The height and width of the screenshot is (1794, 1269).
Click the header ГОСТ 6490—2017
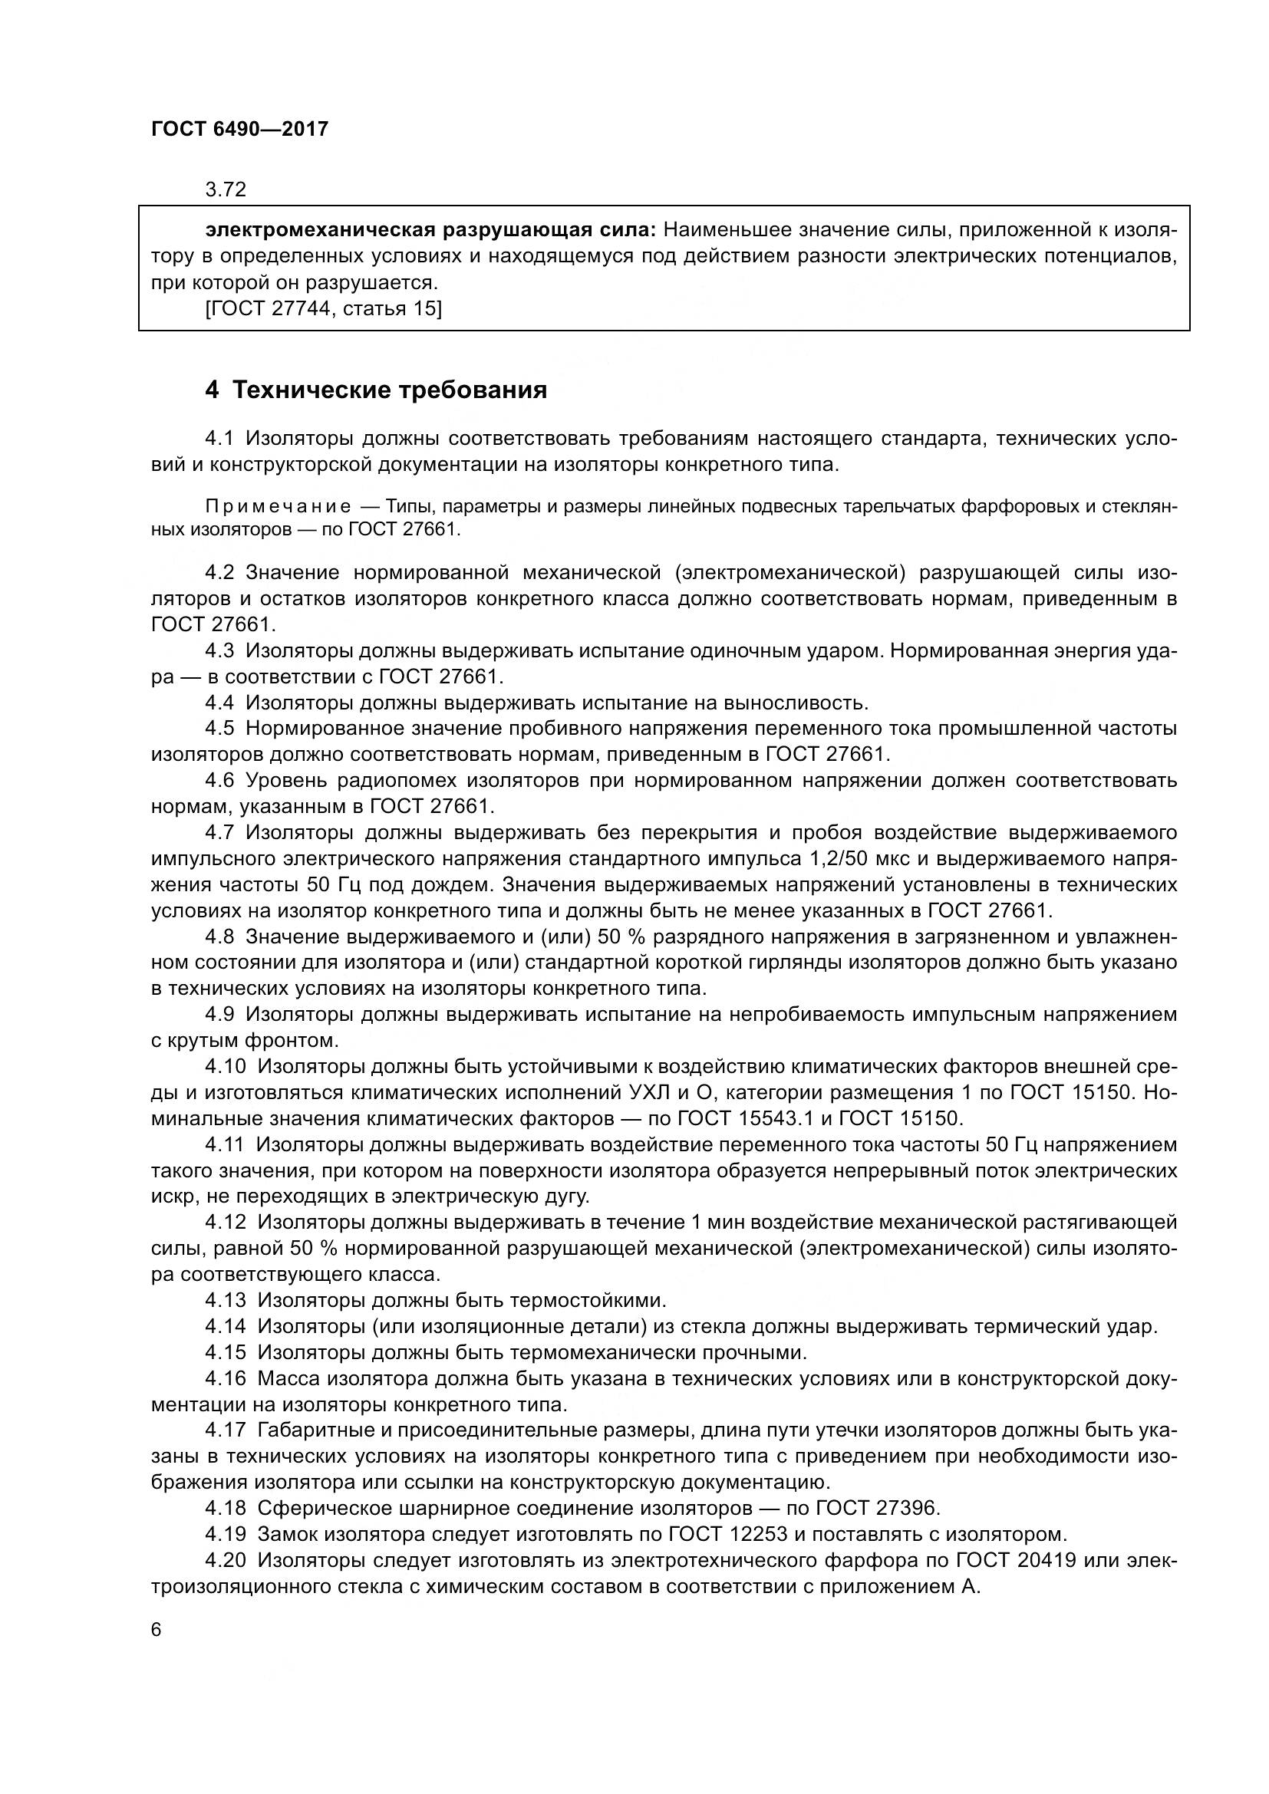pyautogui.click(x=240, y=129)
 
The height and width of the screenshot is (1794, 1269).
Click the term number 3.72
pyautogui.click(x=226, y=190)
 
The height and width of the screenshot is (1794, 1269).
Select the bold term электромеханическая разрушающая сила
pyautogui.click(x=431, y=231)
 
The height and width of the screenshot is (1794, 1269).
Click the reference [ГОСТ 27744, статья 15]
pyautogui.click(x=324, y=308)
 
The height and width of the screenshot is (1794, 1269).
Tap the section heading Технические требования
pyautogui.click(x=389, y=390)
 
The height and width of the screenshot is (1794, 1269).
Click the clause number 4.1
pyautogui.click(x=219, y=439)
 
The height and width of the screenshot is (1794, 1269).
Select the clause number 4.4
pyautogui.click(x=219, y=703)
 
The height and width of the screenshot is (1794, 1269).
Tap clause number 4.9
pyautogui.click(x=219, y=1014)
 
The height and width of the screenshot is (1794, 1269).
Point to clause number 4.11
pyautogui.click(x=224, y=1144)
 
